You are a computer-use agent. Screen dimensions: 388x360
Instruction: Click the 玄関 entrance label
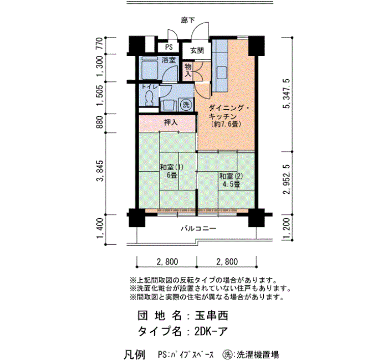point(197,51)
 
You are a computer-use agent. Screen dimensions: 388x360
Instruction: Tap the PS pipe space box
point(169,47)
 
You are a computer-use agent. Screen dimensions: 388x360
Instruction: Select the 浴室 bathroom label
point(169,60)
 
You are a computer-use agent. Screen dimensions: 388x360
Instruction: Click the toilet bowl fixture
point(149,98)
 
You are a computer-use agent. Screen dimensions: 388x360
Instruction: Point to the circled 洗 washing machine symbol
point(186,105)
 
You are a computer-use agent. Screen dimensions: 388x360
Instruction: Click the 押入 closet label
point(171,122)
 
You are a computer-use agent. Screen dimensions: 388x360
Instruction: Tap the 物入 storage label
point(188,70)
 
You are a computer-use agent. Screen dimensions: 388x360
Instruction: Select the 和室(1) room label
point(171,167)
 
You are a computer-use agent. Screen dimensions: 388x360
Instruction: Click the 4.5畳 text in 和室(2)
point(231,184)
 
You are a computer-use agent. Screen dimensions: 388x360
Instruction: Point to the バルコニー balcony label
point(198,228)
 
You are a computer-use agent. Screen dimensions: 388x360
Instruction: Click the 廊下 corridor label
point(188,20)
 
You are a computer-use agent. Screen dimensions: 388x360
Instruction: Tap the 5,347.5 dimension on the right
point(287,94)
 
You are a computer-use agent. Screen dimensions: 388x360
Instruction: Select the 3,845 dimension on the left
point(100,171)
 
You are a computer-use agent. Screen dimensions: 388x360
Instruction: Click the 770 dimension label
point(99,44)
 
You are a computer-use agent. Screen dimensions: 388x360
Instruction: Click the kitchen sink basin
point(221,73)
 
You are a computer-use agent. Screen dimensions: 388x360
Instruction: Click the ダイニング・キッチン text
point(228,112)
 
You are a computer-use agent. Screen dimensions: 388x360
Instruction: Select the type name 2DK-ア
point(211,331)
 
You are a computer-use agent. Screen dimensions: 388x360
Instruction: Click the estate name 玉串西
point(211,315)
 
